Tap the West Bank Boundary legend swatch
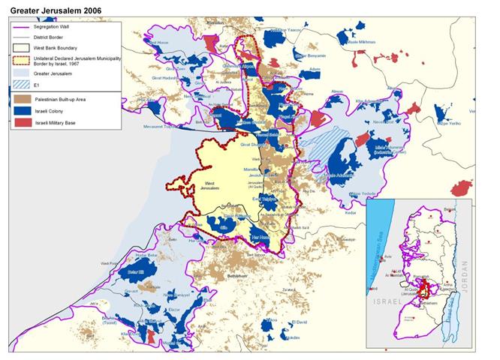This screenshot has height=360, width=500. click(x=22, y=48)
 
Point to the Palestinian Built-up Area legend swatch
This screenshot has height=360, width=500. click(x=22, y=98)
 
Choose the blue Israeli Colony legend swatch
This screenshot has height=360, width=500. click(x=22, y=109)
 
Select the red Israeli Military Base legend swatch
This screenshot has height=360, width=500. click(x=22, y=121)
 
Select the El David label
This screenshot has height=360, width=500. click(x=299, y=322)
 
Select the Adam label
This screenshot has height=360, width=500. click(x=315, y=68)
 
